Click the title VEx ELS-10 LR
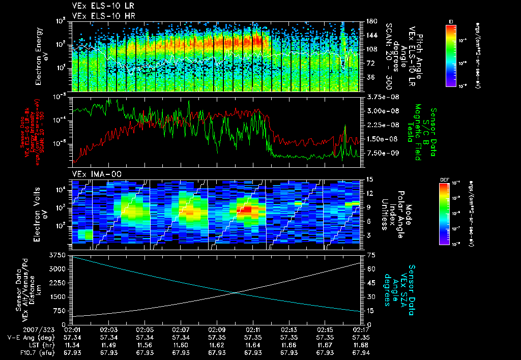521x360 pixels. (99, 7)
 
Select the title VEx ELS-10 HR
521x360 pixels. (99, 15)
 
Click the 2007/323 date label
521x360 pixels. (18, 329)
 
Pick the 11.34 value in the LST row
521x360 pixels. (74, 345)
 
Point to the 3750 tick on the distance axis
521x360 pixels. (58, 254)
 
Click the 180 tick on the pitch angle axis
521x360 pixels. (370, 21)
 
